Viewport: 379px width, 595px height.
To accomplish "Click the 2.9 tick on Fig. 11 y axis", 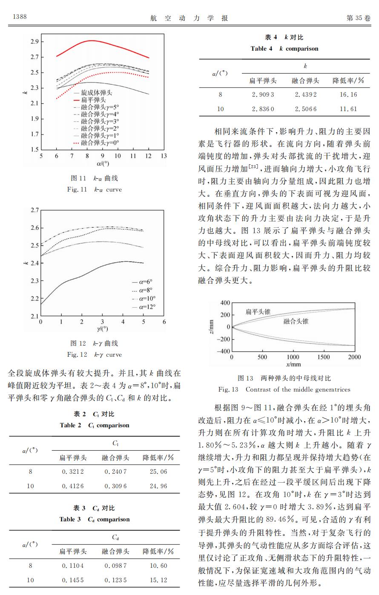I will pyautogui.click(x=34, y=42).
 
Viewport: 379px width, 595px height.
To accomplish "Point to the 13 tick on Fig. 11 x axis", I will pyautogui.click(x=164, y=156).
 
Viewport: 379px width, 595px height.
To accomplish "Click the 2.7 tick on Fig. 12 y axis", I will pyautogui.click(x=34, y=210).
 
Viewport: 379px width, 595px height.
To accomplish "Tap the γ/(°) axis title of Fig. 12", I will pyautogui.click(x=102, y=329).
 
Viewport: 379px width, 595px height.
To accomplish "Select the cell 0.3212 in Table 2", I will pyautogui.click(x=73, y=472).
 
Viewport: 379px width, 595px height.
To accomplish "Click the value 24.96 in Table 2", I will pyautogui.click(x=158, y=486).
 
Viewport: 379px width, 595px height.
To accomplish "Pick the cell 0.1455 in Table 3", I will pyautogui.click(x=73, y=580).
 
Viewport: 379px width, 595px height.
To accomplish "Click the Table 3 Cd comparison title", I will pyautogui.click(x=94, y=519).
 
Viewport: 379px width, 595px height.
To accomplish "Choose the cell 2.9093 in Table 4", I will pyautogui.click(x=263, y=94).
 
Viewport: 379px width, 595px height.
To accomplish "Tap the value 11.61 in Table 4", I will pyautogui.click(x=348, y=109).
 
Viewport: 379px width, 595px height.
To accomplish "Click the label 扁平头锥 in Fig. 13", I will pyautogui.click(x=258, y=312).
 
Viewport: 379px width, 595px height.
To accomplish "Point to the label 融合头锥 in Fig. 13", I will pyautogui.click(x=296, y=321).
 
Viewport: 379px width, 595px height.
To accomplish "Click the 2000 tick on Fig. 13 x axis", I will pyautogui.click(x=354, y=358).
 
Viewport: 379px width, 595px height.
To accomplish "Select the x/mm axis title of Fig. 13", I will pyautogui.click(x=293, y=365).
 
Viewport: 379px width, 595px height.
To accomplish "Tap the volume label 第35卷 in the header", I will pyautogui.click(x=359, y=18).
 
